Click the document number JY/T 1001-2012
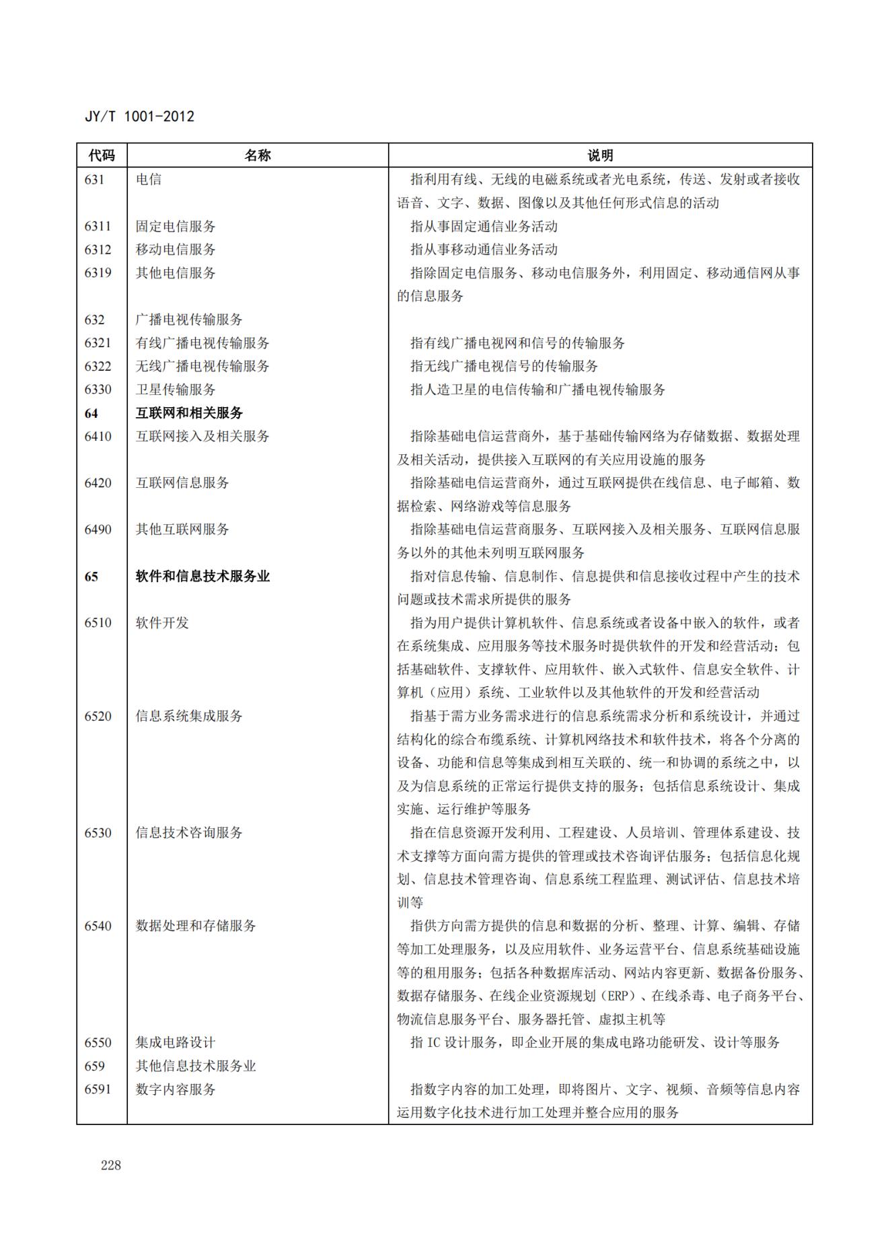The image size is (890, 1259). click(139, 116)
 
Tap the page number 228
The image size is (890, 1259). click(111, 1165)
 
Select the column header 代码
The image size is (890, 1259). click(102, 155)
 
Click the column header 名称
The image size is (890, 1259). click(257, 155)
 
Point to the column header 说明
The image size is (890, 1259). click(600, 155)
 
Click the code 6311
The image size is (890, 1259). click(98, 226)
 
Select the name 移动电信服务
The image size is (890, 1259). click(176, 250)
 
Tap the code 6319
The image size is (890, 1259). click(98, 273)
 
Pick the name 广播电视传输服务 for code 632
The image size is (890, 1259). click(189, 320)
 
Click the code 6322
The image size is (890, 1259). click(98, 366)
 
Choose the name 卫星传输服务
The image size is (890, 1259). click(176, 390)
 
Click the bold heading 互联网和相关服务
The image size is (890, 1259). click(189, 413)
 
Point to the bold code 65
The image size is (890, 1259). click(91, 577)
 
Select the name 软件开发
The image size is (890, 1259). click(162, 623)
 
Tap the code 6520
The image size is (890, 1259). click(98, 716)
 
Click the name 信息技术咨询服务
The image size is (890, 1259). click(189, 833)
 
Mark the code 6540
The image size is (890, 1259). click(98, 926)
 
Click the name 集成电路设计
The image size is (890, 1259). click(176, 1042)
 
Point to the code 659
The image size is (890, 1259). click(94, 1066)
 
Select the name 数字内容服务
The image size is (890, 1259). click(176, 1089)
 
